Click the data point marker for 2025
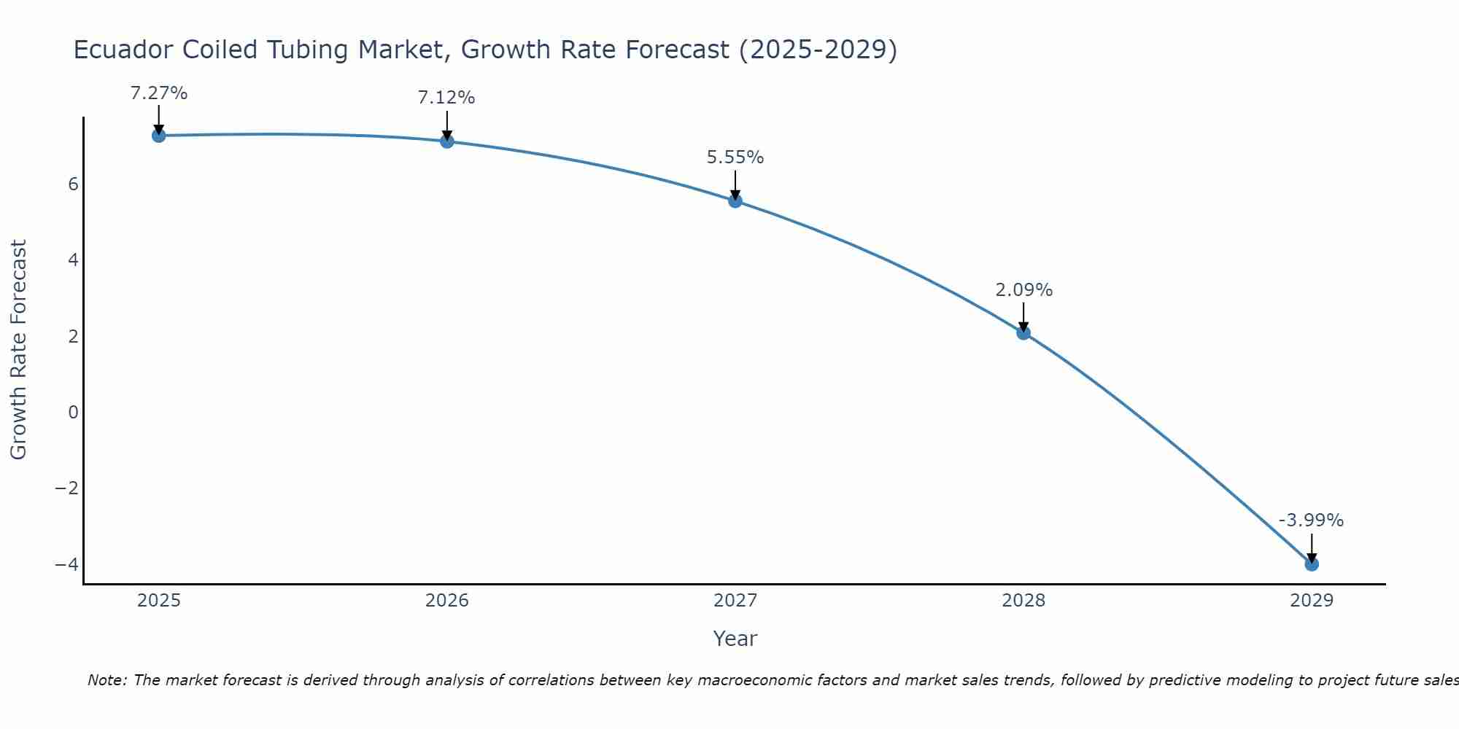[159, 136]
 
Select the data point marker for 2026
[447, 141]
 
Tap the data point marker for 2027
[735, 201]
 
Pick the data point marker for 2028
[1023, 333]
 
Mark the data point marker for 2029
[1312, 564]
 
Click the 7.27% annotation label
[159, 93]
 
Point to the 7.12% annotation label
[446, 98]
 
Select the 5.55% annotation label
[735, 157]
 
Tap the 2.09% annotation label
[1023, 290]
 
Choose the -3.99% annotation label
[1311, 521]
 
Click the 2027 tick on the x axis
[735, 601]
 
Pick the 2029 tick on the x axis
[1312, 601]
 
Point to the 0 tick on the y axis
[73, 413]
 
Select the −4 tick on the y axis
[66, 565]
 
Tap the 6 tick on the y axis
[73, 184]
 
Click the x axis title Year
[735, 639]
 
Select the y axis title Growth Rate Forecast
[18, 350]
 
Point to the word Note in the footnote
[107, 680]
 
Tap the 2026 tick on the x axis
[447, 601]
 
